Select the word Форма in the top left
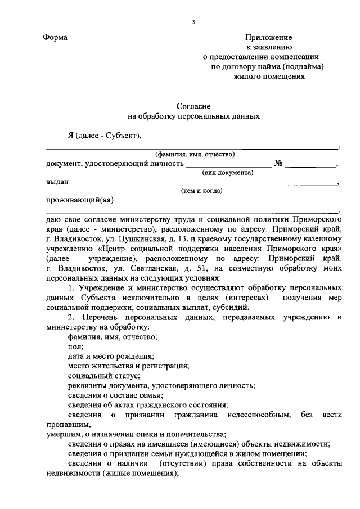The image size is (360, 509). (55, 38)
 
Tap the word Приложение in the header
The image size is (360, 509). (268, 38)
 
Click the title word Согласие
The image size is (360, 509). (194, 106)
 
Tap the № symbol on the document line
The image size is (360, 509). (278, 164)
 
